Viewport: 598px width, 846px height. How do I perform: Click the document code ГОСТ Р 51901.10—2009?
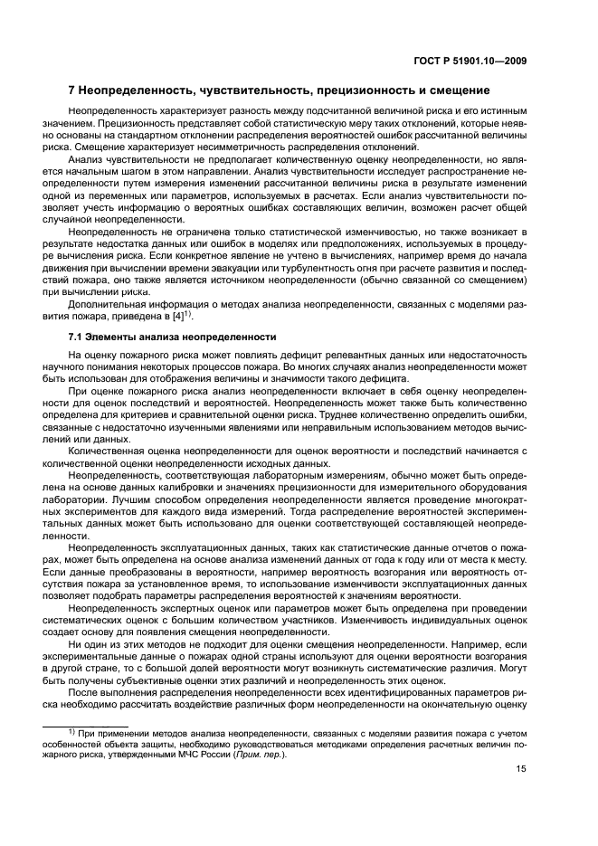(470, 61)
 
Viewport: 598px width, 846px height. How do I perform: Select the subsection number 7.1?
(77, 336)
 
